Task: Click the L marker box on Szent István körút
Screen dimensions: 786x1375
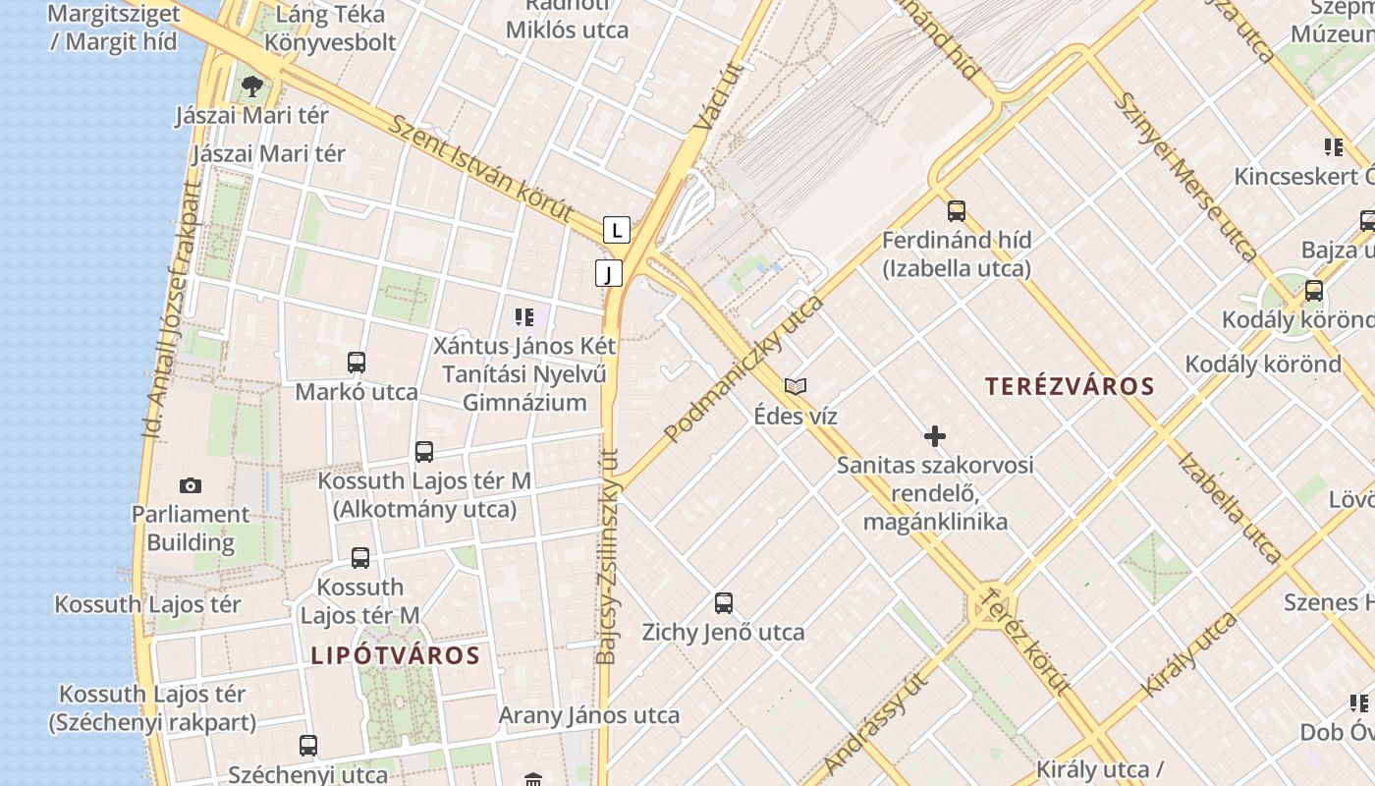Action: coord(616,231)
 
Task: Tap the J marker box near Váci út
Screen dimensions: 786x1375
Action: coord(609,273)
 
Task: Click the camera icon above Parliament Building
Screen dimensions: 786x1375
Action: coord(191,485)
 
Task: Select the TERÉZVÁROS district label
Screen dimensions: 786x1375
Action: coord(1071,386)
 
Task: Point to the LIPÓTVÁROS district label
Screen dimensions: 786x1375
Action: coord(396,655)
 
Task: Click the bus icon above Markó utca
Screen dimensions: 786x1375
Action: coord(357,363)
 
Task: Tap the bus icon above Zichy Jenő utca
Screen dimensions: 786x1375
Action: coord(724,602)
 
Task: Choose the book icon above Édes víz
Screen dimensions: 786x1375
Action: coord(796,386)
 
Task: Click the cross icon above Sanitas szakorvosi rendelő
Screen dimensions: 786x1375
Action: coord(935,435)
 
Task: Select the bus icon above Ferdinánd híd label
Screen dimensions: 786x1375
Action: coord(956,210)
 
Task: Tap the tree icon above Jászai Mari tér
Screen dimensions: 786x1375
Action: coord(252,85)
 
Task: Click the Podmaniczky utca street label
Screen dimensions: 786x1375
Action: coord(743,368)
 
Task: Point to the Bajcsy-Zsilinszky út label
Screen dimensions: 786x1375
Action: coord(609,556)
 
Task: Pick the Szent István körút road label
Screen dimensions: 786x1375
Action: coord(481,167)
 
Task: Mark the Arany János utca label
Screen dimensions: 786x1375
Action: coord(589,715)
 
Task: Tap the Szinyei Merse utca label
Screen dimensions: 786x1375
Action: coord(1185,177)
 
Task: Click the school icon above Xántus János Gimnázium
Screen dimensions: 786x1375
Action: coord(524,316)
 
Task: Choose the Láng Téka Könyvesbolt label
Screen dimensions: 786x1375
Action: coord(330,28)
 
